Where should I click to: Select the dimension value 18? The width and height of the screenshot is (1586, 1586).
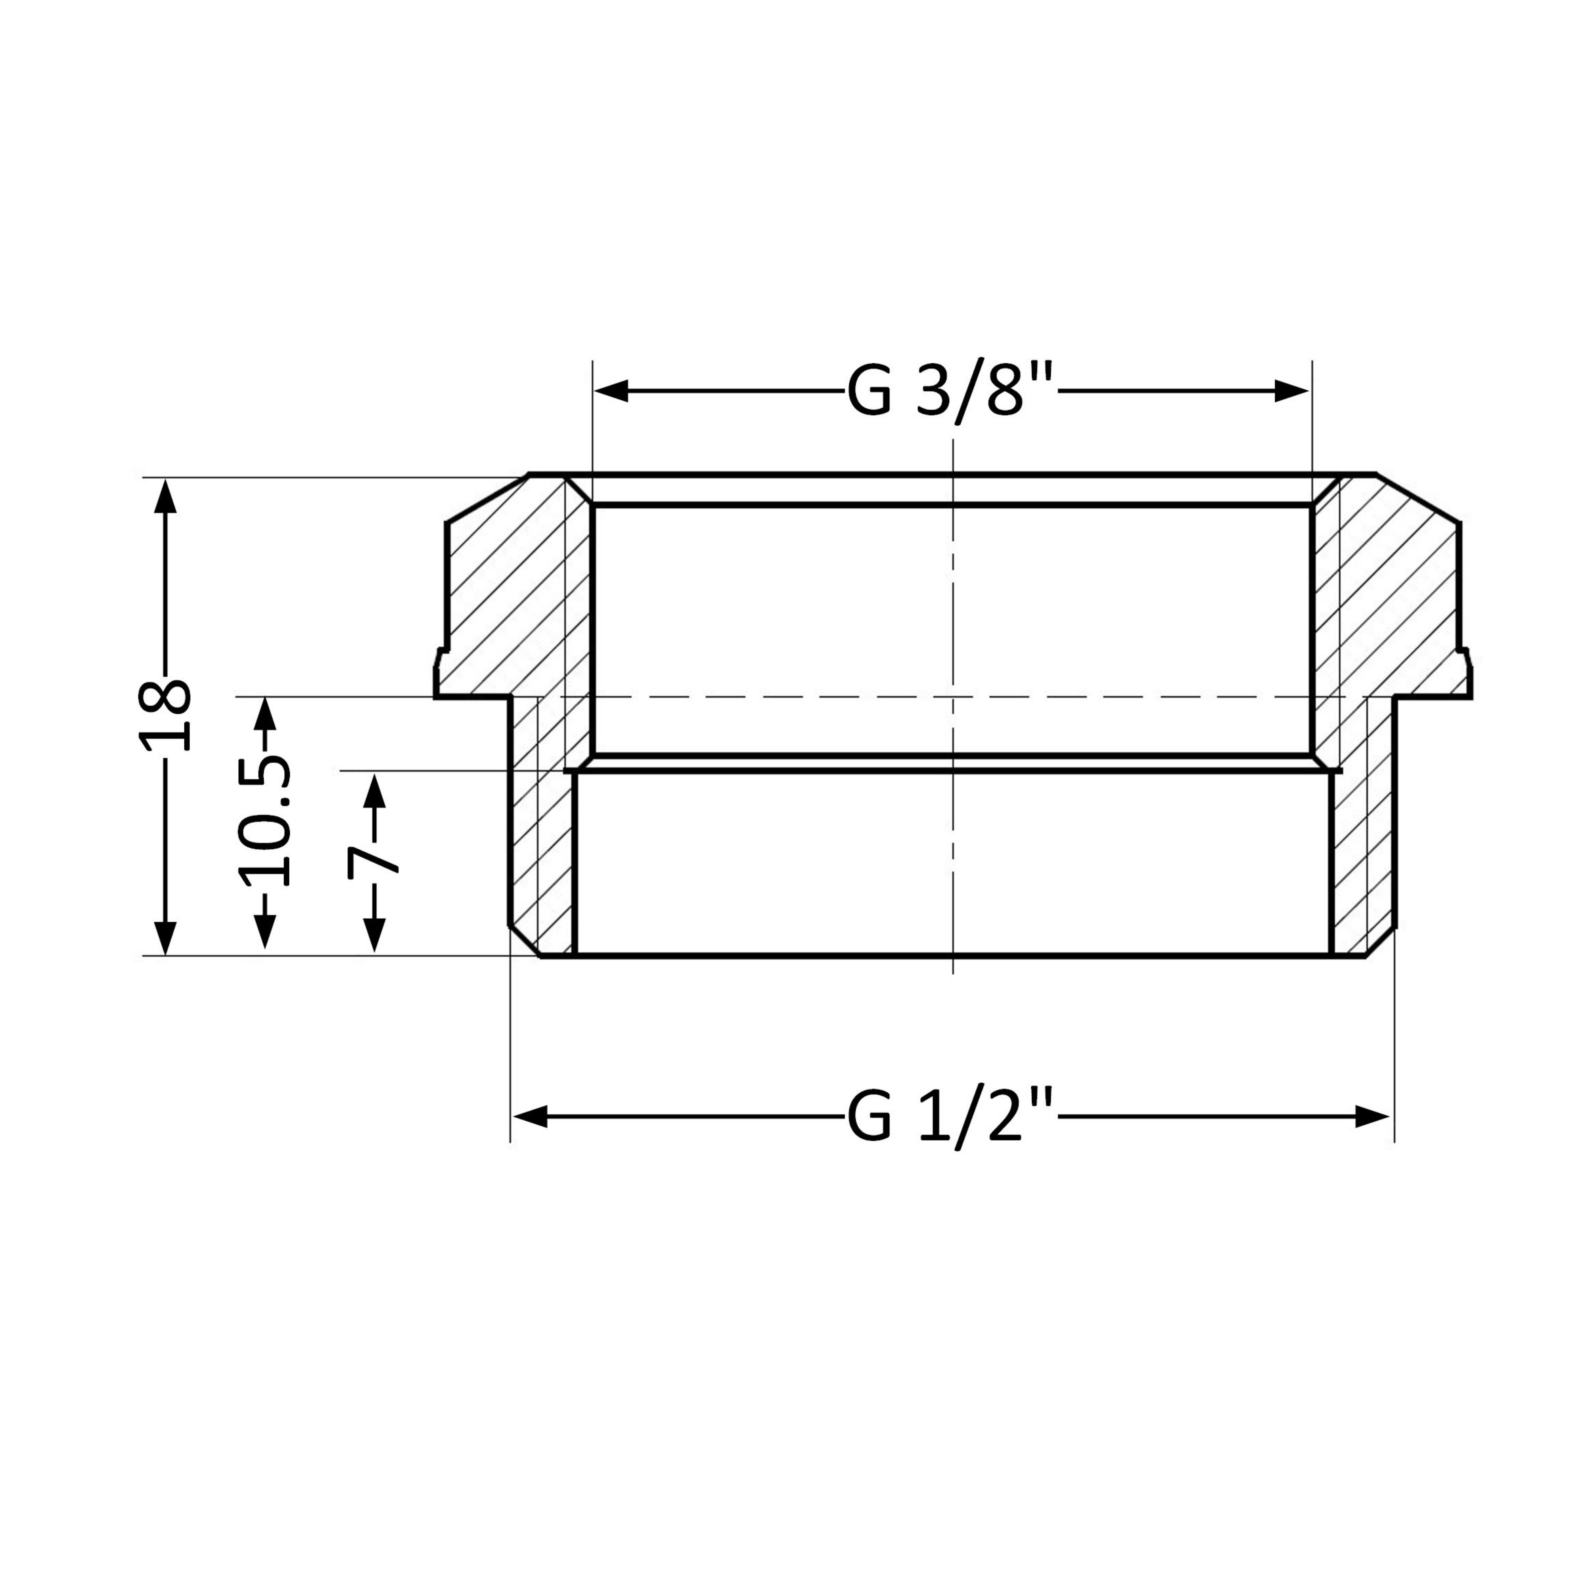click(x=165, y=715)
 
